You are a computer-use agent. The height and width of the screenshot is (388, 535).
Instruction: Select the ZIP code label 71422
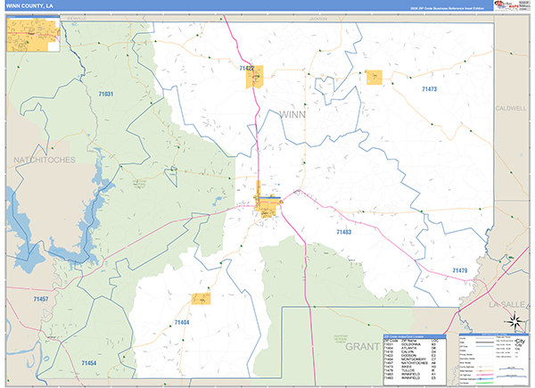[x=247, y=68]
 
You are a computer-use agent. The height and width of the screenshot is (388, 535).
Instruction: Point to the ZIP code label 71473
[x=429, y=90]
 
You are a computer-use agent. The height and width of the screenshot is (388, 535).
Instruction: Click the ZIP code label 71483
[x=344, y=231]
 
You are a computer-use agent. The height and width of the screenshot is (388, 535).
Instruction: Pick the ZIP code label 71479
[x=459, y=269]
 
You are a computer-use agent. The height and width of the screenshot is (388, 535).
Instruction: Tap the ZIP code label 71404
[x=182, y=321]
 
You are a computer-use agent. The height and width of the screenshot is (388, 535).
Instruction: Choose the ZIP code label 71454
[x=87, y=363]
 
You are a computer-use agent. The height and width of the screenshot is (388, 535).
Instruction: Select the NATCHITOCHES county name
[x=45, y=159]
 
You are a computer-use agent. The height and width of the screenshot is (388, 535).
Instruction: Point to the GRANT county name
[x=363, y=344]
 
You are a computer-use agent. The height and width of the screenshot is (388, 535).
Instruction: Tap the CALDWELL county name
[x=512, y=107]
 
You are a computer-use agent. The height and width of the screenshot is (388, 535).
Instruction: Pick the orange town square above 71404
[x=201, y=299]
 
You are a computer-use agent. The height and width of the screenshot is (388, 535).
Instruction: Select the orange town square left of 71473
[x=374, y=77]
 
